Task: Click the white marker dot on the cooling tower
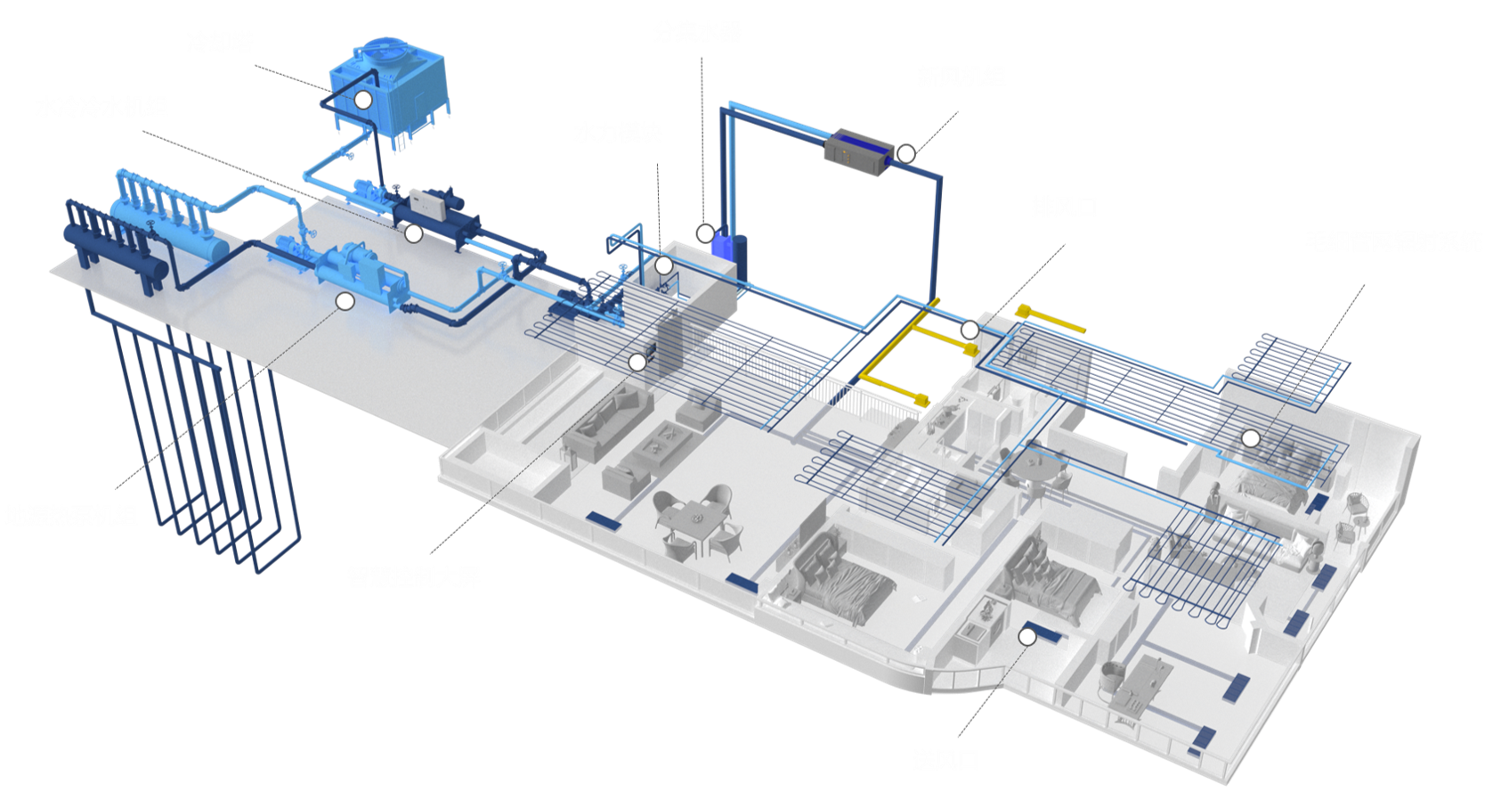click(362, 99)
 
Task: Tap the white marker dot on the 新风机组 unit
click(905, 153)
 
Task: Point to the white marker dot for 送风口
click(1027, 636)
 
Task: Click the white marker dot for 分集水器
click(704, 233)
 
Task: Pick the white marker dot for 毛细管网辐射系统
click(1251, 438)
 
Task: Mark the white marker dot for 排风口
click(970, 331)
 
